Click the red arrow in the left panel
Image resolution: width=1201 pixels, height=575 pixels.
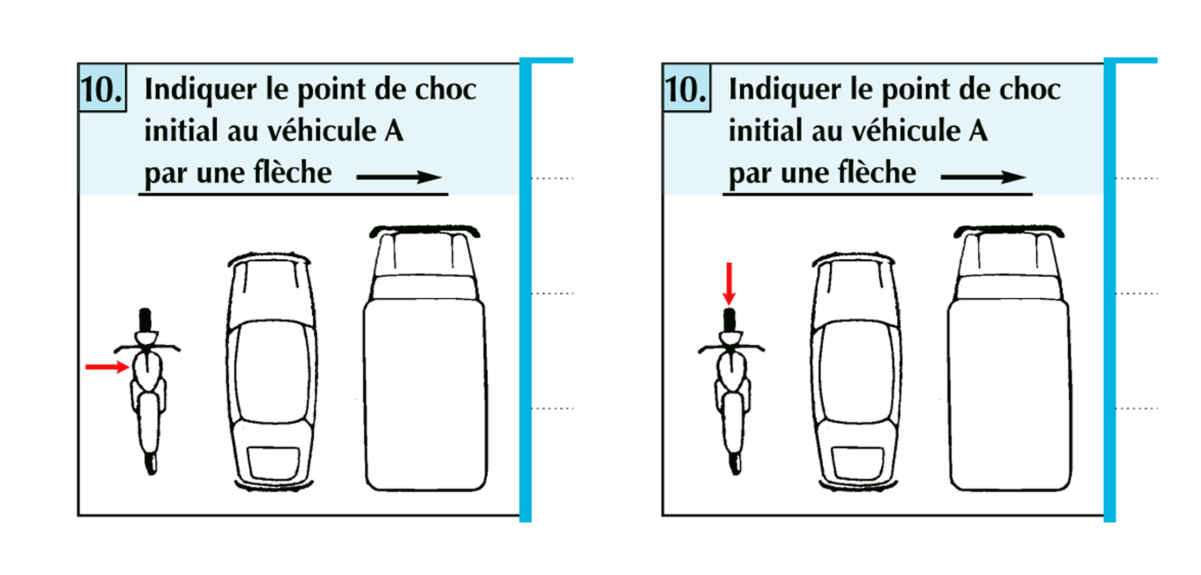click(107, 367)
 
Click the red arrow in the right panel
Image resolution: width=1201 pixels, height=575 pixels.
click(729, 284)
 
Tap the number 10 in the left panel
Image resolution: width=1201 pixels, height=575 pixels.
click(101, 89)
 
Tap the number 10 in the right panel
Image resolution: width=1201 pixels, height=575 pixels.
click(686, 89)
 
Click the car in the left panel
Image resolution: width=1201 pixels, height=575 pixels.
click(271, 371)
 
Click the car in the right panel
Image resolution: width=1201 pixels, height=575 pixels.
click(855, 371)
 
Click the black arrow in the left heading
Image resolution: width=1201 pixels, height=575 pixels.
click(399, 177)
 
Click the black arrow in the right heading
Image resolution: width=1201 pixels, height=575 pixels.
click(983, 177)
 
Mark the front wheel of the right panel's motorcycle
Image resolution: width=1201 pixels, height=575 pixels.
click(729, 320)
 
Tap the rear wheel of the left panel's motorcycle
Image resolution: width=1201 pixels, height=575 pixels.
click(151, 463)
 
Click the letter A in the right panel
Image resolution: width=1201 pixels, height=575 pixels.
click(978, 131)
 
